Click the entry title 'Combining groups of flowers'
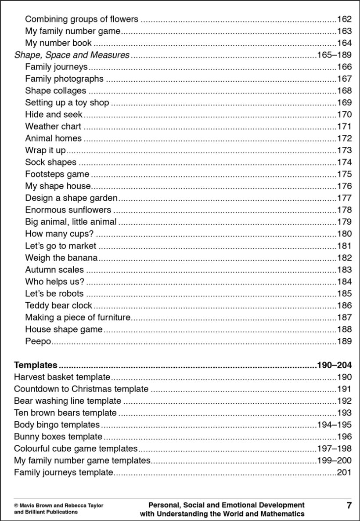point(82,19)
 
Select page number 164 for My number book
point(344,43)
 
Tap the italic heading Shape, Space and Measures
point(72,55)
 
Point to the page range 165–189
point(334,55)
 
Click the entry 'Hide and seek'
point(54,115)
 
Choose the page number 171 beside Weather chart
point(344,127)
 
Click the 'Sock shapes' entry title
point(50,162)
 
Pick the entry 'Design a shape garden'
point(71,198)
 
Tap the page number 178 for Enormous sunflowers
point(344,210)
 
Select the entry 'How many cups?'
point(59,234)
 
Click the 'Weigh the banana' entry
point(61,257)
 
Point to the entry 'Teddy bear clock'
point(58,305)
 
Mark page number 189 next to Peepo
point(344,341)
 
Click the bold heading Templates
point(36,365)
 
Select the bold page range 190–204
point(334,365)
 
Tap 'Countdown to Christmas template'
point(81,389)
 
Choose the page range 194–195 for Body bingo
point(334,425)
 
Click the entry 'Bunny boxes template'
point(58,437)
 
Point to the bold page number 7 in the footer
point(349,506)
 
